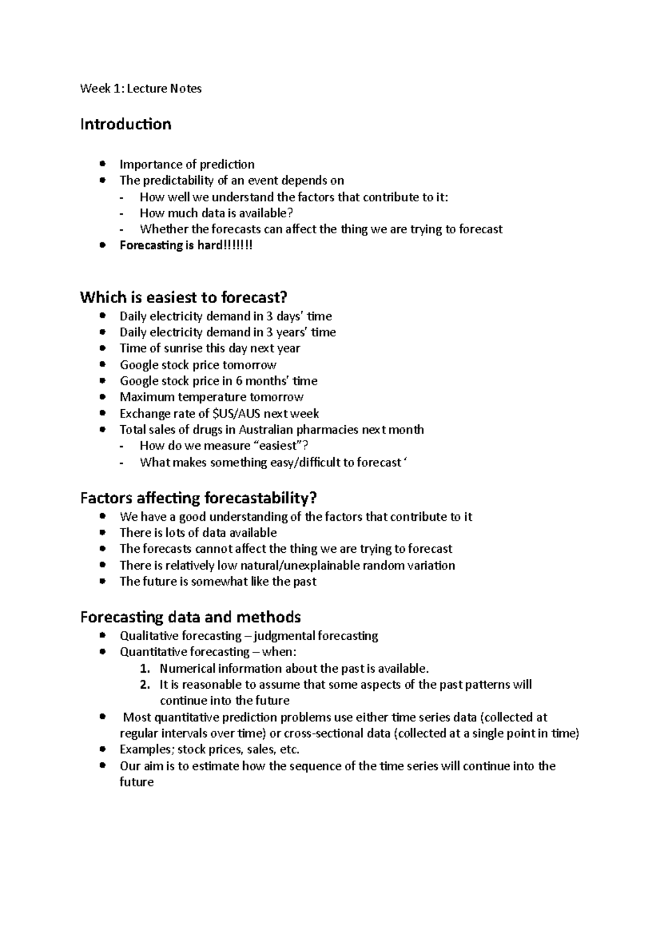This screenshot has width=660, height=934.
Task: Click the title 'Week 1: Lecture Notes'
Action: click(x=141, y=89)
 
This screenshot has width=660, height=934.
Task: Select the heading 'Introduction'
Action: click(x=125, y=124)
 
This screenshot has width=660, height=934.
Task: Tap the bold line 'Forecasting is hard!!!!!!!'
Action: click(x=186, y=245)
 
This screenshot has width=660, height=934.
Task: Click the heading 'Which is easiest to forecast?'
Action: click(x=184, y=298)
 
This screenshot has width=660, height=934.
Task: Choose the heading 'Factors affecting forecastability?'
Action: click(x=199, y=498)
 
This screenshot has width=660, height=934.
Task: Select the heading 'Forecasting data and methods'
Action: click(x=190, y=617)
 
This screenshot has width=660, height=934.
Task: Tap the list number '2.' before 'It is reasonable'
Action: click(x=145, y=685)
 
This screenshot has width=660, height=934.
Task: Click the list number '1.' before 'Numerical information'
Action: click(x=145, y=669)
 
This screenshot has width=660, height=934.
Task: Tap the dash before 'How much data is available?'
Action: click(x=122, y=214)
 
